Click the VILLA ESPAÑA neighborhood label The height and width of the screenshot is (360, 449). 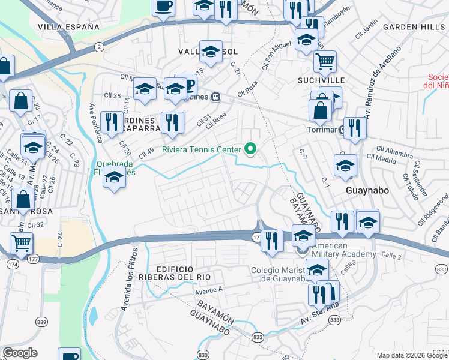coord(68,27)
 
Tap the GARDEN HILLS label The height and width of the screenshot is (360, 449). coord(414,27)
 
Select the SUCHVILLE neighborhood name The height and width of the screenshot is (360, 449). coord(321,80)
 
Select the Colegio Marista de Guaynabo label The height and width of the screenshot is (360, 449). coord(279,274)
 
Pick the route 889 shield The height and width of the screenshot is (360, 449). coord(41,323)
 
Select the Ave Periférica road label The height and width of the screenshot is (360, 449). coord(96,122)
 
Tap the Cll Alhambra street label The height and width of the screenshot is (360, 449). coord(393,149)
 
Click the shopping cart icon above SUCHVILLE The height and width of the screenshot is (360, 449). coord(325,60)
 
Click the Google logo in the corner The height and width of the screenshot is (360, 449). coord(20,353)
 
